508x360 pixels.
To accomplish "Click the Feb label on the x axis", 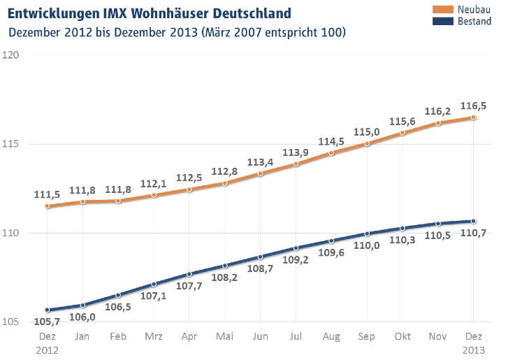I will point(118,336).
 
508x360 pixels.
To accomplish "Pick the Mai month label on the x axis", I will point(225,336).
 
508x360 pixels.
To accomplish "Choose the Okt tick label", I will point(402,336).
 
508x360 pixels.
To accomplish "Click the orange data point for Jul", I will point(296,164).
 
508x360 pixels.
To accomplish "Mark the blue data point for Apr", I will point(189,274).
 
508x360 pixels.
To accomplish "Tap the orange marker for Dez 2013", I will point(473,117).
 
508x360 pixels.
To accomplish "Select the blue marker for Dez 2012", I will point(47,310).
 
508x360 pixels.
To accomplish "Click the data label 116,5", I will point(474,105).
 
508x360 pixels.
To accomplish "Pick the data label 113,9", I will point(296,152).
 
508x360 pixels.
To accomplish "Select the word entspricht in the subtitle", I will point(289,32).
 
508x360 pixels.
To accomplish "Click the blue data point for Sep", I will point(367,233).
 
